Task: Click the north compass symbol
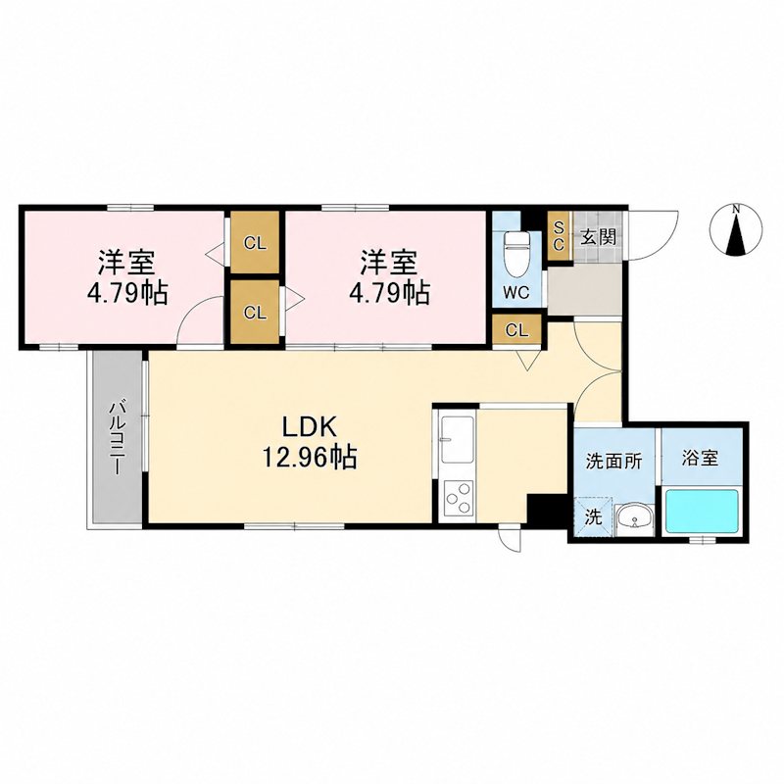coord(736,230)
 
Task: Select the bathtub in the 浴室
coord(703,511)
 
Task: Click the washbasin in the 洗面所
coord(634,519)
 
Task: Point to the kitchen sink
coord(457,439)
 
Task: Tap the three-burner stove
coord(459,497)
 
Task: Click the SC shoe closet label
coord(559,236)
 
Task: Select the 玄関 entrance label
coord(598,237)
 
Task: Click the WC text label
coord(516,293)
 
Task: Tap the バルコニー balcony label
coord(117,436)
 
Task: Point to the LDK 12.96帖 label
coord(310,442)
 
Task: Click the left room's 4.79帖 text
coord(127,293)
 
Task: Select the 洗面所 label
coord(613,462)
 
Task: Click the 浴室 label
coord(701,458)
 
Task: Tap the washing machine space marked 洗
coord(594,517)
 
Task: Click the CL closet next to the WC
coord(516,331)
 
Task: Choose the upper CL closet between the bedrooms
coord(255,242)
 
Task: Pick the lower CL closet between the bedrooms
coord(255,313)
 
